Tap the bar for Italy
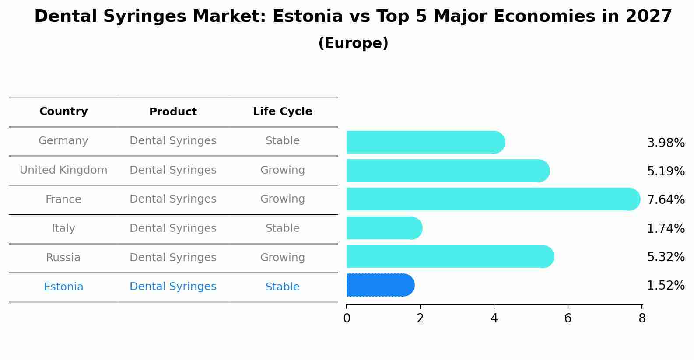384,228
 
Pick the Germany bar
425,142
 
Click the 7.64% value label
666,200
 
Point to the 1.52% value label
666,286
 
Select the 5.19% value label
666,171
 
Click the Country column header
63,112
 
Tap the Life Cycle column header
282,112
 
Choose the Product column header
173,112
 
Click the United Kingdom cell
63,170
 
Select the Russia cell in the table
63,258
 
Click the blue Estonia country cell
63,287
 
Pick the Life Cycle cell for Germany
282,141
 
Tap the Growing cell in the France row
282,199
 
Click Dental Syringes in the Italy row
173,228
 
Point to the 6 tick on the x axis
568,318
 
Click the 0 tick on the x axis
347,318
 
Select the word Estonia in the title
307,17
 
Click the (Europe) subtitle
353,43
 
